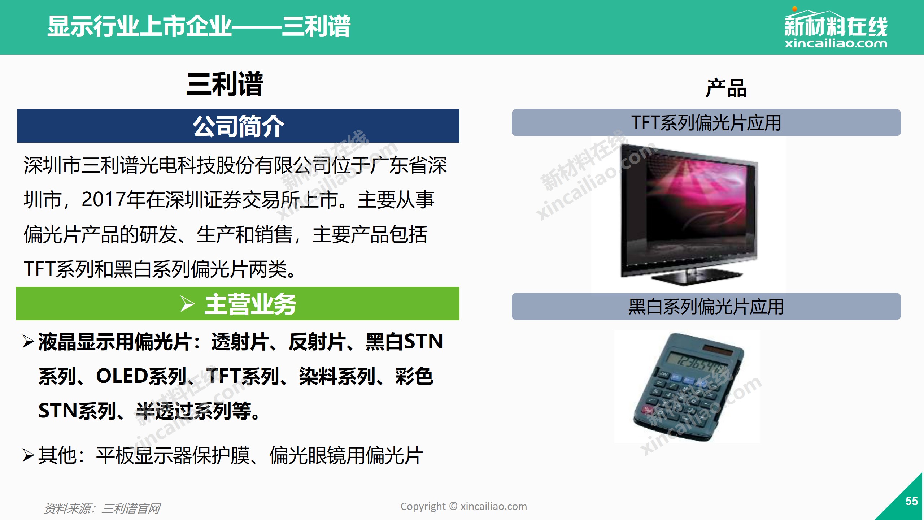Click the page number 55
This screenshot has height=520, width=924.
click(911, 501)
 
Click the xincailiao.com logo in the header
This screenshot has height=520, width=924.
click(836, 28)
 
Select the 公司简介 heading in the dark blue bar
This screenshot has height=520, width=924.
click(239, 126)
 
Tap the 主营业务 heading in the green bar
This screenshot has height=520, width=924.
click(250, 304)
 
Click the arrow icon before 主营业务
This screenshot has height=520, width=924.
click(187, 304)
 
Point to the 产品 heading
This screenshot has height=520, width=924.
click(726, 88)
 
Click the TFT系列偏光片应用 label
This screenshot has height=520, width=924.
click(706, 123)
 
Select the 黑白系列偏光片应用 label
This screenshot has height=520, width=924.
click(706, 307)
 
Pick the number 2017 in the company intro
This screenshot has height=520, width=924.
click(104, 200)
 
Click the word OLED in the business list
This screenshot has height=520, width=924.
click(122, 376)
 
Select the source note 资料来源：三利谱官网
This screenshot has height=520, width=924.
click(102, 508)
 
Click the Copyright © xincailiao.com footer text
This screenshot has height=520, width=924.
click(463, 507)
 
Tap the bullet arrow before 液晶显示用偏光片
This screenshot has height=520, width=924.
click(28, 342)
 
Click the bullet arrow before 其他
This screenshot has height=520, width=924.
click(28, 455)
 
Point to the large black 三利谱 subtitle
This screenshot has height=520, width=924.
click(225, 84)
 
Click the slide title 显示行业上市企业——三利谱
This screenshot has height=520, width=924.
click(199, 26)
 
